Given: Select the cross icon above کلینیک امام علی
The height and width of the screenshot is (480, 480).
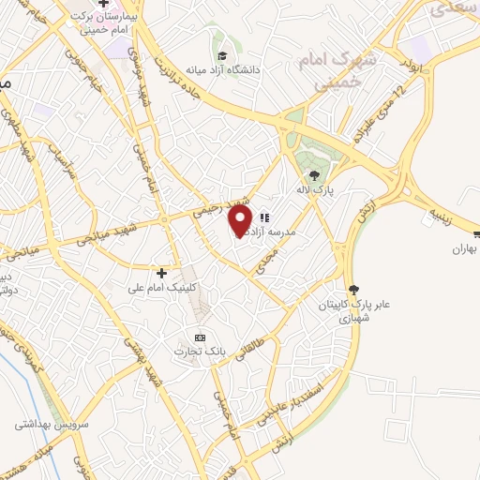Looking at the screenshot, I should click(162, 273).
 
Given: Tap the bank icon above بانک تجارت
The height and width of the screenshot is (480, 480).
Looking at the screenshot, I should click(199, 337).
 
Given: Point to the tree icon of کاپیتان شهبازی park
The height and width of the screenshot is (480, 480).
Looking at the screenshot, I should click(353, 290).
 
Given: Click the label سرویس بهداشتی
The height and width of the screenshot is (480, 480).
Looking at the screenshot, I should click(46, 424).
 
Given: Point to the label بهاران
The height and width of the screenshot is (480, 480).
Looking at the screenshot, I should click(465, 249).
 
